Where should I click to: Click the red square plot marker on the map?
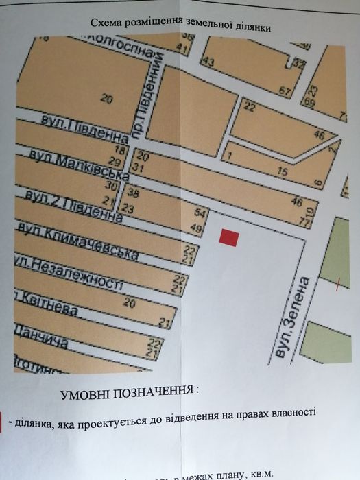tap(228, 237)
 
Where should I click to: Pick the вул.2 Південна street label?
tap(73, 205)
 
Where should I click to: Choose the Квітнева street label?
tap(45, 304)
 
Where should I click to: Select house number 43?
tap(208, 62)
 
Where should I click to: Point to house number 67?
tap(286, 90)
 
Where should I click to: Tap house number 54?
tap(200, 214)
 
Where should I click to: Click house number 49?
tap(197, 228)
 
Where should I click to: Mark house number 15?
tap(282, 171)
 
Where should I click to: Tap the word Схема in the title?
tap(105, 23)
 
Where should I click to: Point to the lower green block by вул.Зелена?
tap(331, 344)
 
